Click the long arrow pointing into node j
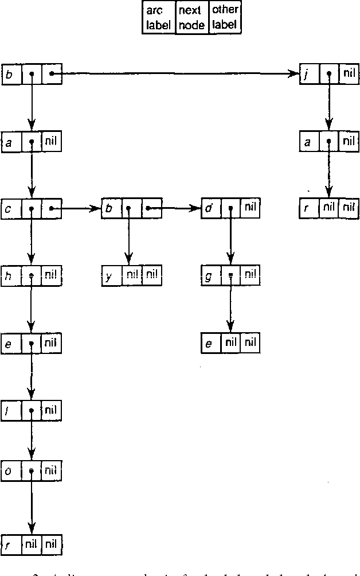click(x=178, y=73)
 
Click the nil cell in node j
click(x=348, y=74)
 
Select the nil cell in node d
click(x=250, y=208)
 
